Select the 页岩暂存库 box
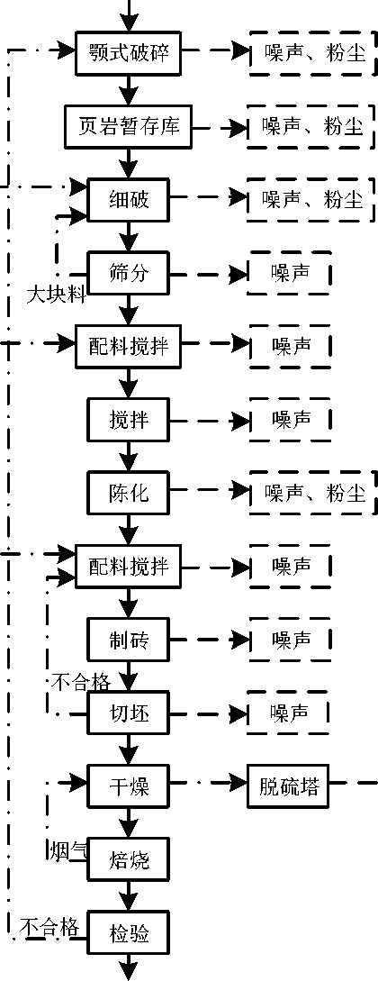(128, 126)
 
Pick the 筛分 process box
(128, 274)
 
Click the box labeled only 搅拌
(128, 420)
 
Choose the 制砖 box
(128, 640)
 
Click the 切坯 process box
(128, 713)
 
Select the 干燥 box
(128, 786)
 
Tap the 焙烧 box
(128, 860)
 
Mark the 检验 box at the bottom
(128, 934)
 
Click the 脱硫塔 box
(289, 786)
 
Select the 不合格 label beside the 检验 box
(50, 926)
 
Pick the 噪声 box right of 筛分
(290, 274)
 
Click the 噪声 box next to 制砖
(290, 640)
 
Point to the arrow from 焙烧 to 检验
(128, 897)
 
